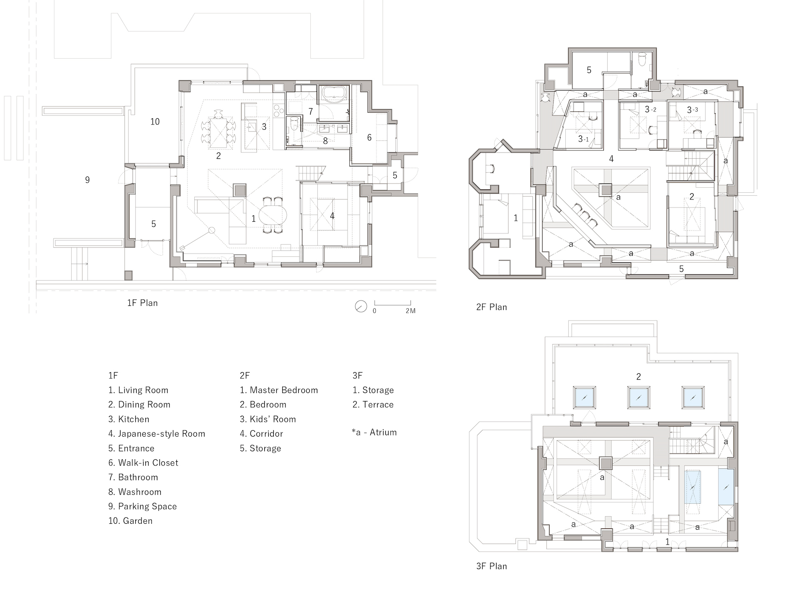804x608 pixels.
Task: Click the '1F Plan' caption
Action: point(142,303)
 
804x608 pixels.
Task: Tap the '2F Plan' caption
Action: point(491,307)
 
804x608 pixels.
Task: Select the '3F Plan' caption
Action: point(491,566)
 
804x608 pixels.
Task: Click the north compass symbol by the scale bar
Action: point(361,307)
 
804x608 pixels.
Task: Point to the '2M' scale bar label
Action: point(410,311)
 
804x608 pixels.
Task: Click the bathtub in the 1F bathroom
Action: point(334,94)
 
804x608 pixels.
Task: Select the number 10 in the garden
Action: point(155,122)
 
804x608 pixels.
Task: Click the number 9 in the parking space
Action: point(87,180)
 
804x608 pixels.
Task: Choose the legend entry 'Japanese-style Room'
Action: point(157,434)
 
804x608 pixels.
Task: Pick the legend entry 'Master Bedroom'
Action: point(279,391)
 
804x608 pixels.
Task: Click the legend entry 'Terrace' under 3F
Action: point(373,405)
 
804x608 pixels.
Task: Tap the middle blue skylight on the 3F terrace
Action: point(639,397)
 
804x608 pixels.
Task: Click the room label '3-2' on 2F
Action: point(650,110)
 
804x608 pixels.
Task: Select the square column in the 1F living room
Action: point(239,190)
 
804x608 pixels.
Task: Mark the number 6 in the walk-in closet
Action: point(369,137)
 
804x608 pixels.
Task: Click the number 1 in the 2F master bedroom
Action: point(515,218)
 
